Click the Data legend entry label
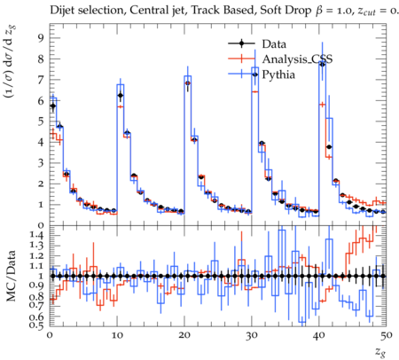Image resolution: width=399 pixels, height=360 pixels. click(x=274, y=44)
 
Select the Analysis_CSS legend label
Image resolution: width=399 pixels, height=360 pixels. click(x=297, y=59)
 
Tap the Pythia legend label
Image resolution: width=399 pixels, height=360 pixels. click(x=278, y=74)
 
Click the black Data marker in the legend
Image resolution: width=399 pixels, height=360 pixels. click(x=241, y=43)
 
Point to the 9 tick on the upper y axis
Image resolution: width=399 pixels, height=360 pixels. click(x=41, y=38)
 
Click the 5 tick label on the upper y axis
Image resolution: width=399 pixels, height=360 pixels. click(x=41, y=121)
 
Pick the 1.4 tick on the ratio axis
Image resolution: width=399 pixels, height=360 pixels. click(x=35, y=235)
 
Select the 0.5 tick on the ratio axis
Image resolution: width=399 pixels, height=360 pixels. click(x=35, y=325)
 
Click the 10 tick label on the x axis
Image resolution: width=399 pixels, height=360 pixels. click(x=117, y=335)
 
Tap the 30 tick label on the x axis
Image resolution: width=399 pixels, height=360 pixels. click(x=252, y=335)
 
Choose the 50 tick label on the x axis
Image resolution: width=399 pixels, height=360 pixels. click(x=387, y=335)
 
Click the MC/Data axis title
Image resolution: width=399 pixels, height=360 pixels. click(x=12, y=276)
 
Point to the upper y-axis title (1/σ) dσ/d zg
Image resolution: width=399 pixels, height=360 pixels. click(x=12, y=62)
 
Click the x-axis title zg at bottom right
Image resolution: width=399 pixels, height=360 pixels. click(x=380, y=352)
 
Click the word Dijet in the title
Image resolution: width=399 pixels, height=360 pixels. click(x=61, y=11)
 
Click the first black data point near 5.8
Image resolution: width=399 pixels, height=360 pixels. click(x=53, y=106)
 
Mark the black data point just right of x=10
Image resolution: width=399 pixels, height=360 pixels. click(x=121, y=95)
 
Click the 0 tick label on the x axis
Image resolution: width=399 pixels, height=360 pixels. click(x=50, y=335)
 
